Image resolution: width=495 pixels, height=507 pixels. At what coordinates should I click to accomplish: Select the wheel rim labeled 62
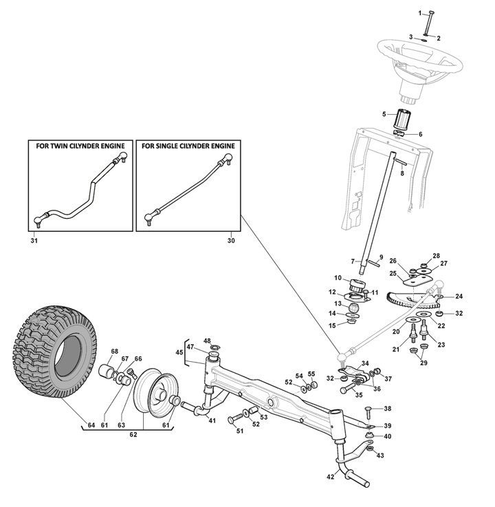pos(153,395)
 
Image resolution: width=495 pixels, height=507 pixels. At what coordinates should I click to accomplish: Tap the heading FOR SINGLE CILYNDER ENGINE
pos(188,146)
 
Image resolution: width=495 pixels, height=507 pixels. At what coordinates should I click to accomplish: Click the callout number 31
pos(34,241)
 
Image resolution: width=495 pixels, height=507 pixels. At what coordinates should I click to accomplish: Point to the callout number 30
pos(230,241)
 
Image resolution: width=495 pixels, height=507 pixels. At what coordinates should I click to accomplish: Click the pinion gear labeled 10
pos(357,284)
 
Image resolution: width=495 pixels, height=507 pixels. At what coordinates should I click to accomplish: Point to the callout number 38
pos(387,409)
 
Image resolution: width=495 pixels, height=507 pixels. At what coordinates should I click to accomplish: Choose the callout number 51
pos(240,431)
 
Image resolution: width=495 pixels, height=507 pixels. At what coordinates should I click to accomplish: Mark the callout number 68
pos(115,352)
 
